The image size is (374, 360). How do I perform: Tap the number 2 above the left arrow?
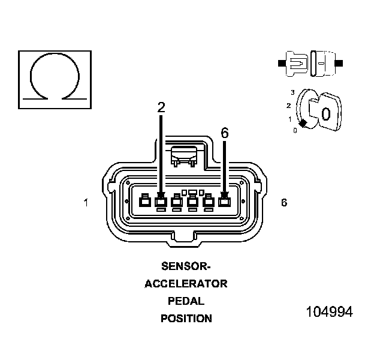161,108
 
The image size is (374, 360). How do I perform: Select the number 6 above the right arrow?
225,133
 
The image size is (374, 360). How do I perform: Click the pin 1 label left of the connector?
86,203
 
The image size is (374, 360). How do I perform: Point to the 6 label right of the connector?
284,203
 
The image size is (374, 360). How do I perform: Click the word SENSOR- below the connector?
186,265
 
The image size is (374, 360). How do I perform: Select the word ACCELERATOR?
186,283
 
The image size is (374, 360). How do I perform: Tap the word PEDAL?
186,301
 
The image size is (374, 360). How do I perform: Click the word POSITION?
186,319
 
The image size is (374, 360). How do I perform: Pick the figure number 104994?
329,312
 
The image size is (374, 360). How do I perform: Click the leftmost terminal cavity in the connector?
144,202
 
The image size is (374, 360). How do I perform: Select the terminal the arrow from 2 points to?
161,202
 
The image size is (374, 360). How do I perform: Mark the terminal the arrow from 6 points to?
225,202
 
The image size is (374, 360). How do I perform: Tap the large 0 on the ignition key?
325,113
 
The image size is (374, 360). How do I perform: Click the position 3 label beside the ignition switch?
292,92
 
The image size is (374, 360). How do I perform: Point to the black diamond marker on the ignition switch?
303,123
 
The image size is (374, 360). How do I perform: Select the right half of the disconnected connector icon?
324,62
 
